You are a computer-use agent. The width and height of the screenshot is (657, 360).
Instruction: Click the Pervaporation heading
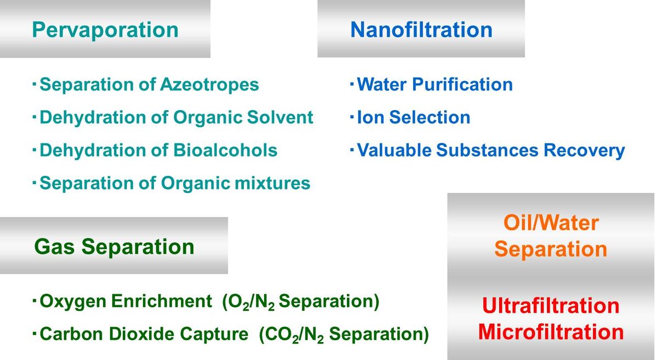pos(105,30)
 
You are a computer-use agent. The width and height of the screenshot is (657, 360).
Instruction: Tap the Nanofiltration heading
pos(421,30)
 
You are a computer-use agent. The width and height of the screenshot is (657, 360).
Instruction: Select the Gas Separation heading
pos(114,247)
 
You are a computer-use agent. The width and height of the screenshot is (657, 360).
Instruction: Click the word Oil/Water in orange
pos(551,222)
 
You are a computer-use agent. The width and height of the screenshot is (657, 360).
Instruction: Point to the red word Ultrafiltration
pos(551,306)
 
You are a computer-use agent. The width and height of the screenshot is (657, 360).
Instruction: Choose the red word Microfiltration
pos(551,332)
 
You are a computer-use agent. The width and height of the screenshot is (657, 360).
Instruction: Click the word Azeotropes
pos(209,85)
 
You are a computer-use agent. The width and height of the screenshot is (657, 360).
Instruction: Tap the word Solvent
pos(280,117)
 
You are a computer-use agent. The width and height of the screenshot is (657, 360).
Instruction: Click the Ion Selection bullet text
pos(413,117)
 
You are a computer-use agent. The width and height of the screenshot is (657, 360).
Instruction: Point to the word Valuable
pos(394,151)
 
